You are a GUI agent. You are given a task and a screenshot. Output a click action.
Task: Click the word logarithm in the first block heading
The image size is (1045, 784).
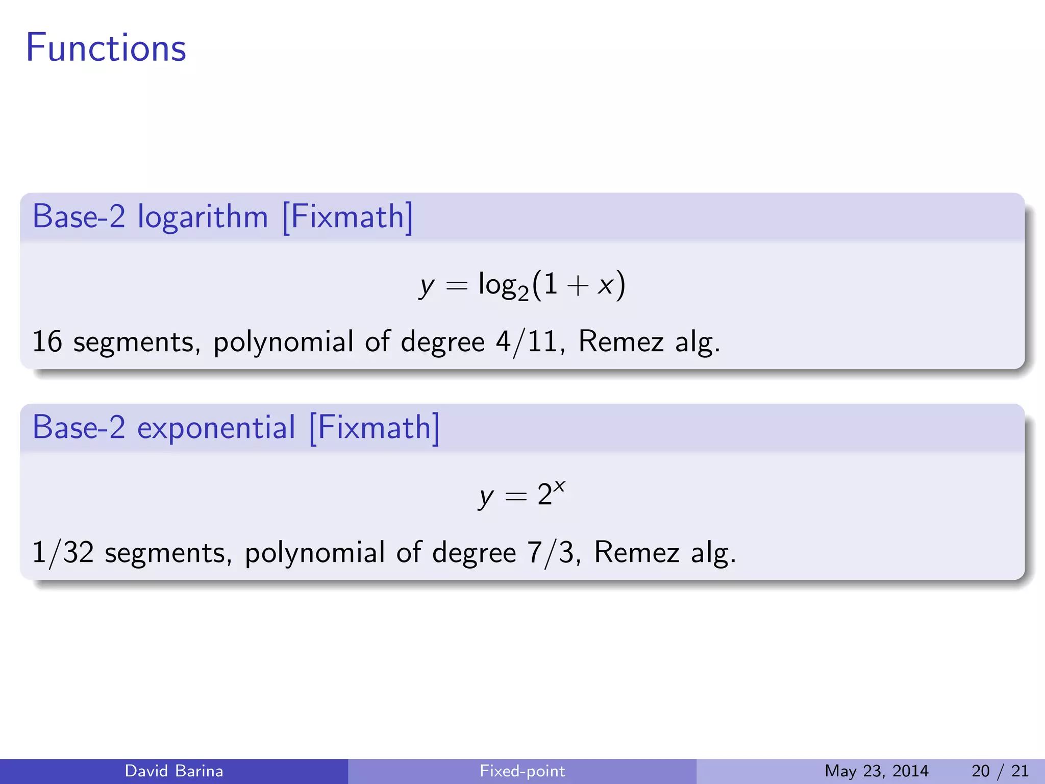pos(203,217)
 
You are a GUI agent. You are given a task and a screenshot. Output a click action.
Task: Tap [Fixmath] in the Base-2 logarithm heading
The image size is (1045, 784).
pos(347,217)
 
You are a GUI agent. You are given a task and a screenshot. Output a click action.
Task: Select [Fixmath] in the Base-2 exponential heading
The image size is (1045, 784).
pos(374,428)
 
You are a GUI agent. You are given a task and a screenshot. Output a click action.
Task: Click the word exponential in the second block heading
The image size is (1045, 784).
pos(216,428)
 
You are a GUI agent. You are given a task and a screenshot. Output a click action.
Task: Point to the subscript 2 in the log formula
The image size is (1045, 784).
pos(523,293)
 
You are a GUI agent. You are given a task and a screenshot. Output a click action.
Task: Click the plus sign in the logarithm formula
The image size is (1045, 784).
pos(577,285)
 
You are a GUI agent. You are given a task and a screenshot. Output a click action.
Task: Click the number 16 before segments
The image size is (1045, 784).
pos(47,341)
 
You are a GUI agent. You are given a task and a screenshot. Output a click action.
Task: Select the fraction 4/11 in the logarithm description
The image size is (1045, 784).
pos(526,341)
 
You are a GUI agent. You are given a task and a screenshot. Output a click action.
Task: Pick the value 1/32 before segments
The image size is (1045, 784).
pos(63,553)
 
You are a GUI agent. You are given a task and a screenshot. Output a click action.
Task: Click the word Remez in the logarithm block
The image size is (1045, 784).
pos(621,341)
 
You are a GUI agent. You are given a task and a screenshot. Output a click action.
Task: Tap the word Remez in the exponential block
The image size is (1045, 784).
pos(637,553)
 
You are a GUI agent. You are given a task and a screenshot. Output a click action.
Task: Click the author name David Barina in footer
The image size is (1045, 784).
pos(174,771)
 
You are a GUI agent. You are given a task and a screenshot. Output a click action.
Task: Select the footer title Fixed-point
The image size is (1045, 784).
pos(522,771)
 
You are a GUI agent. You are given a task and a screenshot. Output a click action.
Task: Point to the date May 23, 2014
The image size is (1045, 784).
pos(876,771)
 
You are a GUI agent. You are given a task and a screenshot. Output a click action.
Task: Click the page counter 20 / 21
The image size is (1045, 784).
pos(1000,771)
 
